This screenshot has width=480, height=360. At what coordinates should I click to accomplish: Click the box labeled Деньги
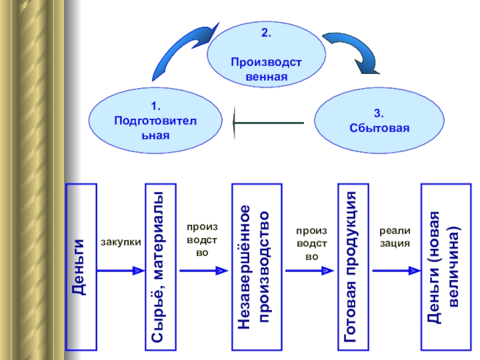coord(82,267)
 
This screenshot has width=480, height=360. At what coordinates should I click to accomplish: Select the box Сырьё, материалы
coord(160,267)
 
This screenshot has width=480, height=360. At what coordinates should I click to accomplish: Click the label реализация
coord(394,237)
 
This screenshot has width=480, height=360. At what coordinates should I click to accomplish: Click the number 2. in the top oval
coord(266,34)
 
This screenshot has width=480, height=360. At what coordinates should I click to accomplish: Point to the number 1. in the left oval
coord(155,107)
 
